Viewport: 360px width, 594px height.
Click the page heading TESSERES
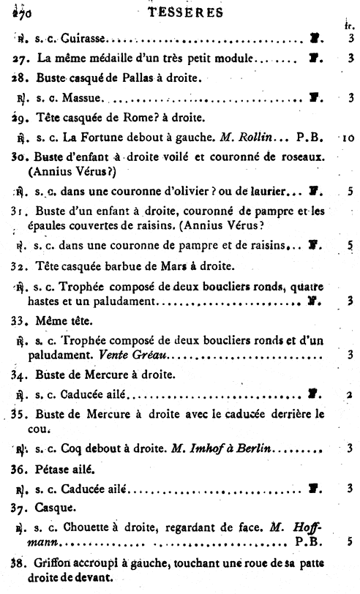(x=180, y=12)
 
